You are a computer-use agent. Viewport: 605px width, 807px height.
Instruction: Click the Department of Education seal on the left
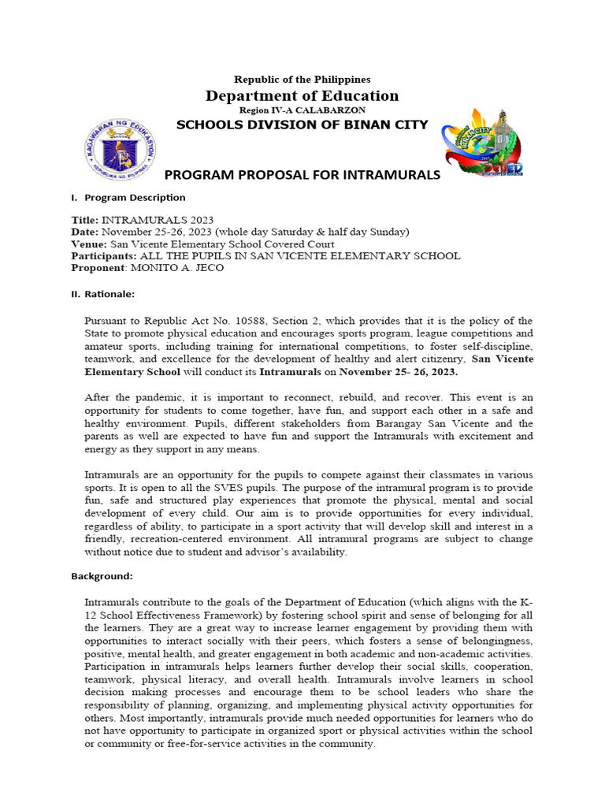click(119, 147)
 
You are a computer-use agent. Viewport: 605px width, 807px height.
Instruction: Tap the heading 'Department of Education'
click(302, 96)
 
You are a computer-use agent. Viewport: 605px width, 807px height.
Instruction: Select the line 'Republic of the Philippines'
click(302, 80)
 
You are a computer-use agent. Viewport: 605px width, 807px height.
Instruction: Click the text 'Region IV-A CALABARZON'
click(302, 110)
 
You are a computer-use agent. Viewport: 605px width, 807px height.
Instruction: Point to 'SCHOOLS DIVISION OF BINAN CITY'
click(302, 125)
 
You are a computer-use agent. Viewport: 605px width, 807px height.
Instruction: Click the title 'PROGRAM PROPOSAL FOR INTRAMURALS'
click(302, 175)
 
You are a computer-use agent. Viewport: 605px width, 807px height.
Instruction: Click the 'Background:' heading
click(102, 576)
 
